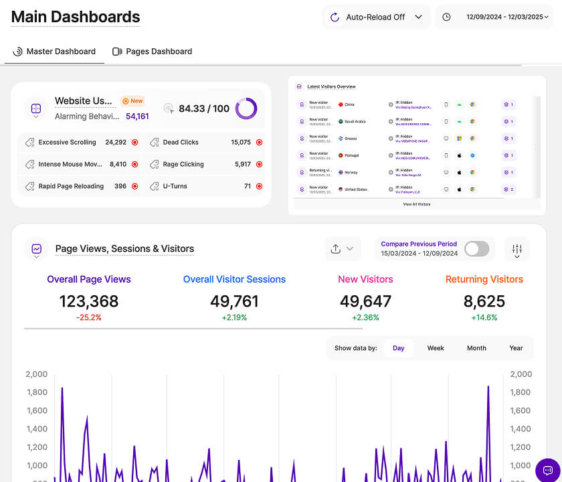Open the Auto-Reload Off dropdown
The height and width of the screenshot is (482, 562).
point(377,17)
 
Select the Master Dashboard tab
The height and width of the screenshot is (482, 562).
point(55,52)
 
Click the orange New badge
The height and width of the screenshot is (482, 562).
point(132,101)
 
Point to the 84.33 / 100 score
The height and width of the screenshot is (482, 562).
point(203,108)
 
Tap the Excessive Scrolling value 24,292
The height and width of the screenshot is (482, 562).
point(116,143)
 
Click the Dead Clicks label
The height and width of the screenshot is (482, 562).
point(181,143)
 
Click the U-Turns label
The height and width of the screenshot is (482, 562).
point(175,186)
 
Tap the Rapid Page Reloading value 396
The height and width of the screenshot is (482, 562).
point(120,186)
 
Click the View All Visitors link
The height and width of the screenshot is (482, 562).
point(417,204)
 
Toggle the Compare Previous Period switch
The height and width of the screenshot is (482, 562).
point(476,249)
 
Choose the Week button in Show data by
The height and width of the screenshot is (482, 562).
point(436,348)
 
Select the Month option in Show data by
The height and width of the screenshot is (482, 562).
point(476,348)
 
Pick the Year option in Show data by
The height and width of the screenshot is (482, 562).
point(516,348)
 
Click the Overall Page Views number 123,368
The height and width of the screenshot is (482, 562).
point(89,301)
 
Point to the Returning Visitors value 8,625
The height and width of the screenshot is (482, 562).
point(484,301)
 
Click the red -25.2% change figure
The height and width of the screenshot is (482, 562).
point(89,317)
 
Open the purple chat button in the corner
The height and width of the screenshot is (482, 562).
point(547,469)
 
